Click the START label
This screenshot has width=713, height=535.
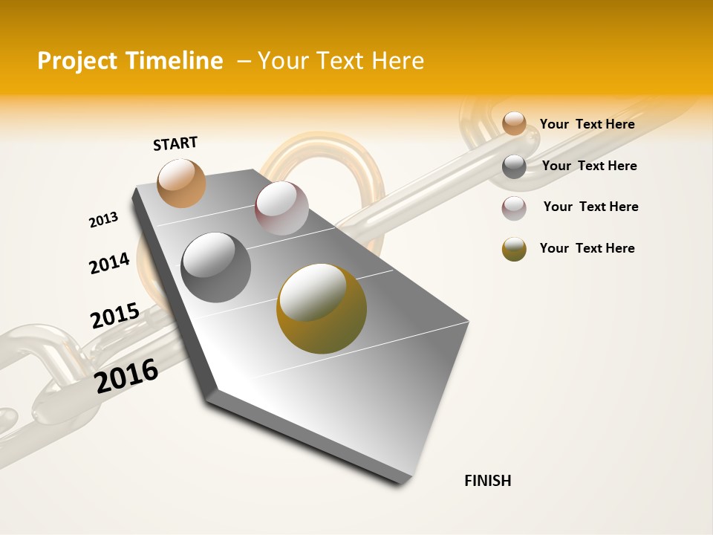click(175, 143)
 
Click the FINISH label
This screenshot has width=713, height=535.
click(487, 481)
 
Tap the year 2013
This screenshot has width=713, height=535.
click(103, 220)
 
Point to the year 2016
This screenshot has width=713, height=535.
click(126, 376)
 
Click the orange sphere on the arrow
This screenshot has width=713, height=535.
click(181, 183)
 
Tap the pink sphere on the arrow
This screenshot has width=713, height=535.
click(281, 208)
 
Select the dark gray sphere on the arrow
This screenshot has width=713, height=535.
click(215, 267)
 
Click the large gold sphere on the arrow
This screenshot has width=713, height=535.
click(321, 308)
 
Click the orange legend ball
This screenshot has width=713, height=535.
click(514, 123)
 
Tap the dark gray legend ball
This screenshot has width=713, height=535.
click(514, 166)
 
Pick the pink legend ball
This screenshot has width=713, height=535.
click(514, 208)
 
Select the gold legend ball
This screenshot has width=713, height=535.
click(514, 249)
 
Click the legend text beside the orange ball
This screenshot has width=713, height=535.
click(587, 124)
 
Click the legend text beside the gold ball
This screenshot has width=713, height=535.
click(587, 248)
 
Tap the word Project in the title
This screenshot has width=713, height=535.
click(77, 61)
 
